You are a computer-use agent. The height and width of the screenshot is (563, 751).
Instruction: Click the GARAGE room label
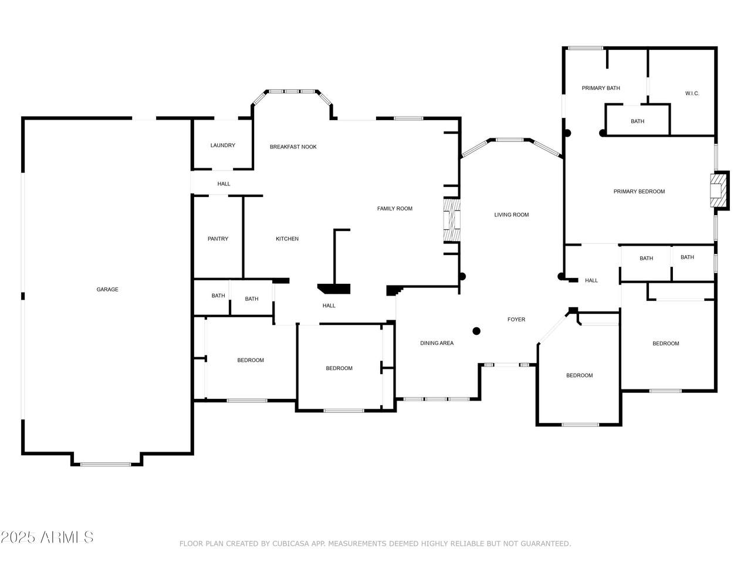107,289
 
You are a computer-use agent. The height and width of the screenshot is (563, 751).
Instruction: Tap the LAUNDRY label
223,145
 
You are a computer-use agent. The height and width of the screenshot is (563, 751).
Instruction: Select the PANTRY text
218,239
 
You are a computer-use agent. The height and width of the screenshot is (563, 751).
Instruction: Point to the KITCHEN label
287,239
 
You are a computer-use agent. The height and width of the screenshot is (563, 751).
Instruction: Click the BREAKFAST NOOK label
293,147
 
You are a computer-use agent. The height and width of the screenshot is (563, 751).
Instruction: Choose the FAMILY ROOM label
395,209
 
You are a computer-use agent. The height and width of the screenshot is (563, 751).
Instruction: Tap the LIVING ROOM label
512,215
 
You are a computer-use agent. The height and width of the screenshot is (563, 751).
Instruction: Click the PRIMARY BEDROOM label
639,191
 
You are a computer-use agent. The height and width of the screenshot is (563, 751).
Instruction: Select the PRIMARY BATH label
601,88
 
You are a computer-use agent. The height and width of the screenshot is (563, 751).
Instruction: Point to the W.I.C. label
692,93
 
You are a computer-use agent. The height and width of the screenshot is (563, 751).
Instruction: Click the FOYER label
516,319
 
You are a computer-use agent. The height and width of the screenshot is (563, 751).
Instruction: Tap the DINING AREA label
437,343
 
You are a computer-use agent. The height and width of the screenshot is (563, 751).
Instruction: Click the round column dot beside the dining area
476,331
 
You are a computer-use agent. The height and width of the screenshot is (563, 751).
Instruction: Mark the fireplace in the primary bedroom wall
719,191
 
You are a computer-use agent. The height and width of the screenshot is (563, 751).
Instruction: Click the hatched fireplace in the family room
452,221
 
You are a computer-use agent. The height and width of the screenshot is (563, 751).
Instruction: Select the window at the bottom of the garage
106,464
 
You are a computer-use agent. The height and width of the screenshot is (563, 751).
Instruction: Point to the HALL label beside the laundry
224,184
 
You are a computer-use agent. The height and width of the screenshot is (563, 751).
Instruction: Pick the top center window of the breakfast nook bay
292,91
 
